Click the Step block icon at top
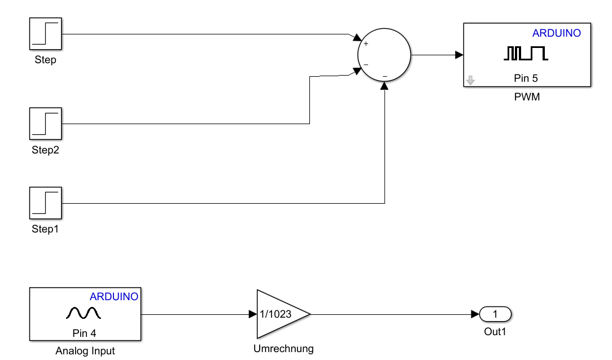click(45, 34)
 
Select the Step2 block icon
click(45, 124)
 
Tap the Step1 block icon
click(45, 203)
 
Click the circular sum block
click(384, 55)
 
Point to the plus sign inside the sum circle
click(366, 43)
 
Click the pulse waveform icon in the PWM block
click(526, 54)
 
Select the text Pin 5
click(526, 78)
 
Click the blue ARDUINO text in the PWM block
click(556, 33)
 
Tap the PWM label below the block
click(527, 97)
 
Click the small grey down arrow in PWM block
click(470, 81)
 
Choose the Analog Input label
click(85, 351)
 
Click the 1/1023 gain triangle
click(279, 314)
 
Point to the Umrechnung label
click(283, 349)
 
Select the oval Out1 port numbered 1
click(495, 314)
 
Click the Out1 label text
click(495, 332)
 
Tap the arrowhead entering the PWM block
click(459, 55)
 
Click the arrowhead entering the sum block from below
click(384, 86)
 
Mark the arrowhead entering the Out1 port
click(475, 314)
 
